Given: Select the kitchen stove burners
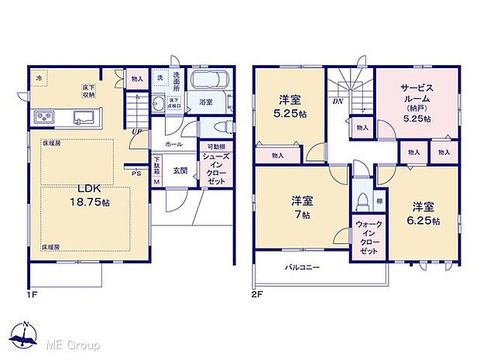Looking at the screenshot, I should pyautogui.click(x=43, y=117).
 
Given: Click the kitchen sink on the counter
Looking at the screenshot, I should pyautogui.click(x=82, y=118).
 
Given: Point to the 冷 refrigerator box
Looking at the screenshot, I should pyautogui.click(x=39, y=77).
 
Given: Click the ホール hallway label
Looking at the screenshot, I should pyautogui.click(x=174, y=144).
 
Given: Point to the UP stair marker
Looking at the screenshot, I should pyautogui.click(x=137, y=132).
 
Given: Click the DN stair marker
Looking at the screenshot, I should pyautogui.click(x=338, y=101).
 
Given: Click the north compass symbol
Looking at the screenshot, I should pyautogui.click(x=28, y=334).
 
